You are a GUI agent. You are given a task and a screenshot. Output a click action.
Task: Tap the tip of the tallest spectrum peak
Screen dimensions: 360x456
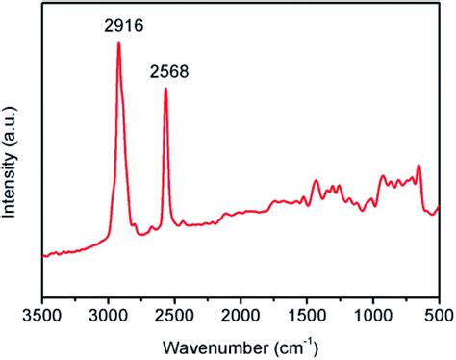[x=118, y=43]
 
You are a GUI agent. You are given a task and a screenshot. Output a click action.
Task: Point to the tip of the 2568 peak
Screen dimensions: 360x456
[x=165, y=89]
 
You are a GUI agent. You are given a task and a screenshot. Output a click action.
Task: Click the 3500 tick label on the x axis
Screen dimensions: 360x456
[x=42, y=313]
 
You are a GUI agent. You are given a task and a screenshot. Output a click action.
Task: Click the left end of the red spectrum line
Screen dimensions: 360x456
[x=43, y=255]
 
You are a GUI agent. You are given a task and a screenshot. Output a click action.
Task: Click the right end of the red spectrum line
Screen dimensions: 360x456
[x=439, y=206]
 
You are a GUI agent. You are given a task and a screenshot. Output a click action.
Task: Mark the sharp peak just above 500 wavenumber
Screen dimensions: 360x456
[x=418, y=167]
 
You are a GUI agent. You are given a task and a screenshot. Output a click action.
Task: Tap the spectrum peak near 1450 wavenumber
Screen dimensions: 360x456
[x=315, y=180]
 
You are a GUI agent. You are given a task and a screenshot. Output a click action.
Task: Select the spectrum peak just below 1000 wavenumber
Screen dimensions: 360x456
[x=382, y=176]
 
